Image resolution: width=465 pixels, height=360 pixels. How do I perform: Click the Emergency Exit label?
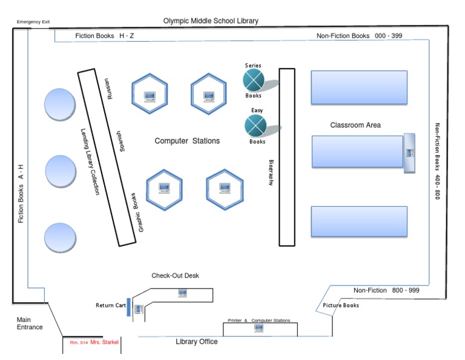[33, 22]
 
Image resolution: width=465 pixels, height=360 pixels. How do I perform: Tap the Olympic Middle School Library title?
[211, 21]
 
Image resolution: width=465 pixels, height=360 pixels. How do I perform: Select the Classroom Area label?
[355, 125]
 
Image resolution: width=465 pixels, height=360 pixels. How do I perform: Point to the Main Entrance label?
[29, 324]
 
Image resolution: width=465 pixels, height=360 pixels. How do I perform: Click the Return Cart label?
[110, 305]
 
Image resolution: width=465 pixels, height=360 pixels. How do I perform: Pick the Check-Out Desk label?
[175, 276]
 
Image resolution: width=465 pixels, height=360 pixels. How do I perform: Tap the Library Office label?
[197, 342]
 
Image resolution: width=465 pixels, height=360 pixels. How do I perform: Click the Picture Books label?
[341, 305]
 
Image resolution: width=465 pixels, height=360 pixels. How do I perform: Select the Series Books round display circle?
[254, 79]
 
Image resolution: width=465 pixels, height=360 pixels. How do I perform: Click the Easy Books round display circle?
[256, 125]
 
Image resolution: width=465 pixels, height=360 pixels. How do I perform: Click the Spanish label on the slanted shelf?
[122, 141]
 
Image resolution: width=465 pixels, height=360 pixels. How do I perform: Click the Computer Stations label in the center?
[187, 141]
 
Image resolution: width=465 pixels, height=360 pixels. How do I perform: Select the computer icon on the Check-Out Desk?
[182, 293]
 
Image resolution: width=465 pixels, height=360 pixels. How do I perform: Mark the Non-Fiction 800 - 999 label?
[386, 291]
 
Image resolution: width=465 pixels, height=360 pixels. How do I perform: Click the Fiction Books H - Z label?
[105, 36]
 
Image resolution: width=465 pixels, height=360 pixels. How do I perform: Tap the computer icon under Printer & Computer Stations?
[259, 328]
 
